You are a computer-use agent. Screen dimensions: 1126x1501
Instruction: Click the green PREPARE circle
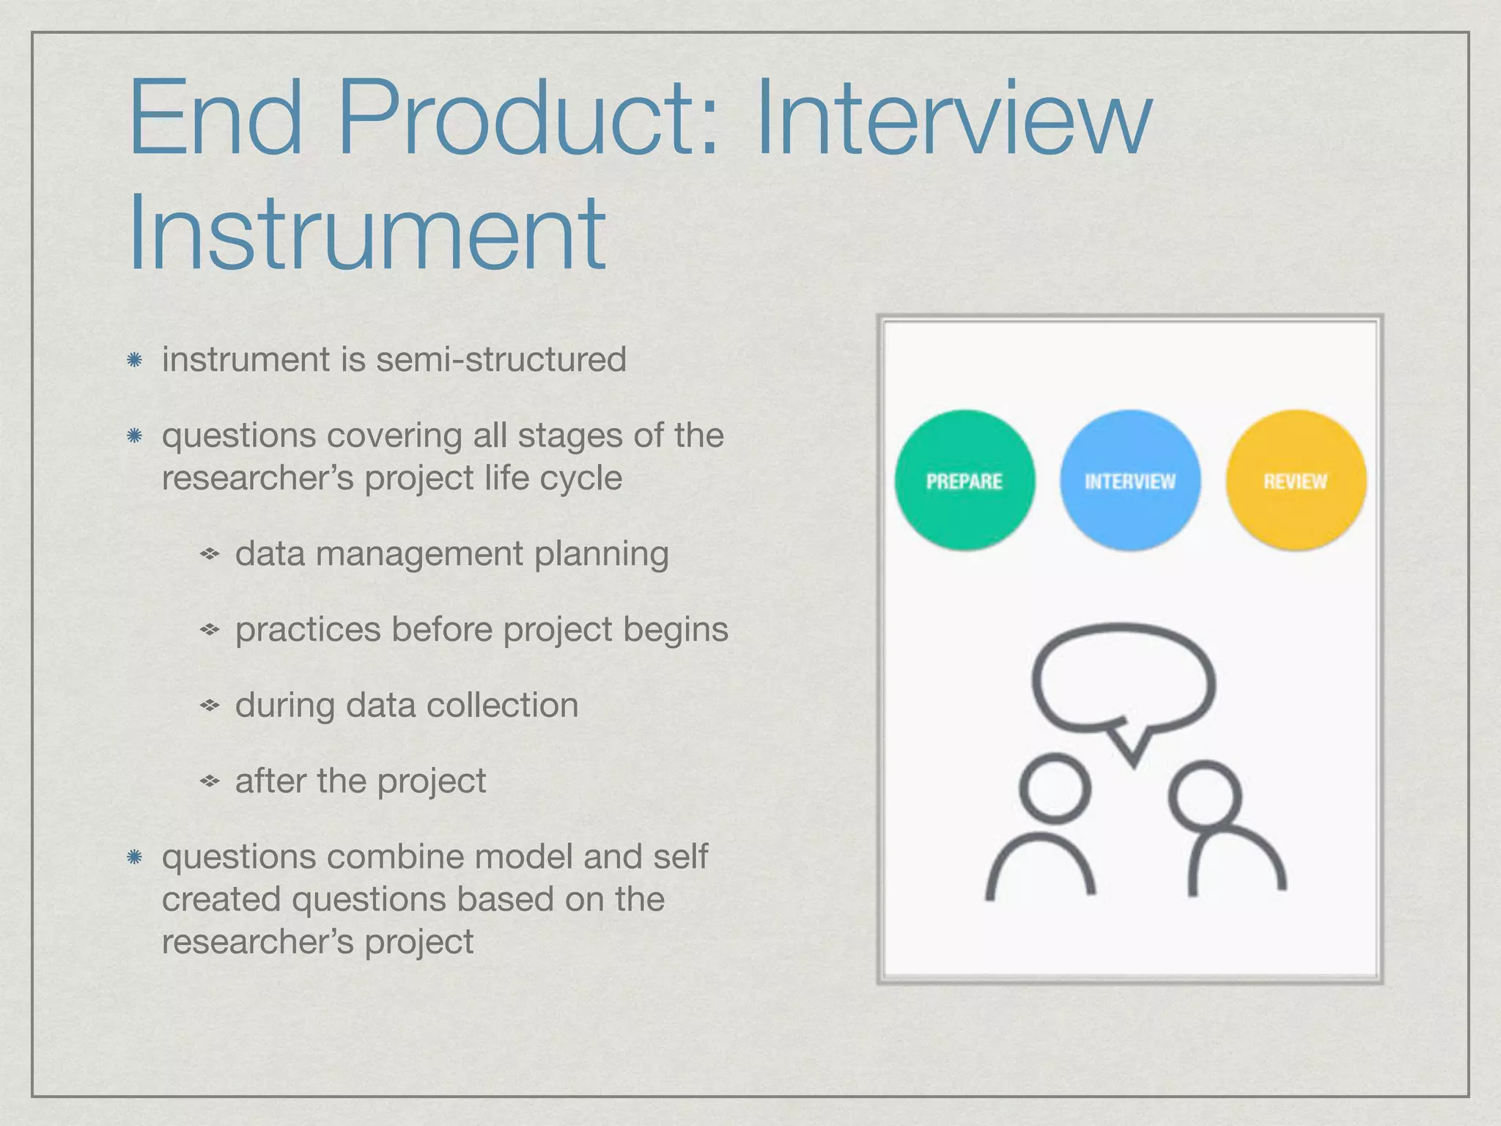point(965,480)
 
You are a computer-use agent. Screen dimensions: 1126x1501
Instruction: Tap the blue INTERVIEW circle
point(1129,480)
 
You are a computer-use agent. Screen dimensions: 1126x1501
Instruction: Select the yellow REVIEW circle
point(1295,480)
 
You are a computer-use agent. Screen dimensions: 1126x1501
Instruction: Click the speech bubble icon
point(1123,678)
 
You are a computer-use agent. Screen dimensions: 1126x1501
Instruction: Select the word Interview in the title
point(953,117)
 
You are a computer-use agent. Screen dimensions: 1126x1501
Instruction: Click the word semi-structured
point(502,359)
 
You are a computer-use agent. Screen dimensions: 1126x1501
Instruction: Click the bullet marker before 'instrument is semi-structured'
point(134,360)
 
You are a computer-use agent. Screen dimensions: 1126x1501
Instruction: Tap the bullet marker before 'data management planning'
point(210,554)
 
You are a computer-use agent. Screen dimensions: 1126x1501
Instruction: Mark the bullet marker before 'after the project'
point(210,781)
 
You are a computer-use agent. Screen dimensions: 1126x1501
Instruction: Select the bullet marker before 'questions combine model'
point(134,857)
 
